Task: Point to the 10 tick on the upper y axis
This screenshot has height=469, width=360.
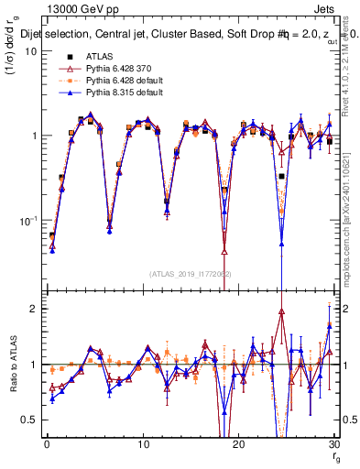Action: coord(31,50)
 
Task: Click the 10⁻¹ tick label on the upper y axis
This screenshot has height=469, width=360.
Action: coord(29,221)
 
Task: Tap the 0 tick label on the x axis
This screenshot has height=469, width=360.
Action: coord(47,444)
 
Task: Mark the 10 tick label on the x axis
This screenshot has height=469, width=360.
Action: coord(143,444)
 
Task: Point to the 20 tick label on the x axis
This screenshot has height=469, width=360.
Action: coord(238,444)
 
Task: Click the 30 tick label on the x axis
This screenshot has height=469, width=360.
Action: coord(333,444)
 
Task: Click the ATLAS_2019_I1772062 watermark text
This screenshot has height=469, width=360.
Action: coord(191,274)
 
